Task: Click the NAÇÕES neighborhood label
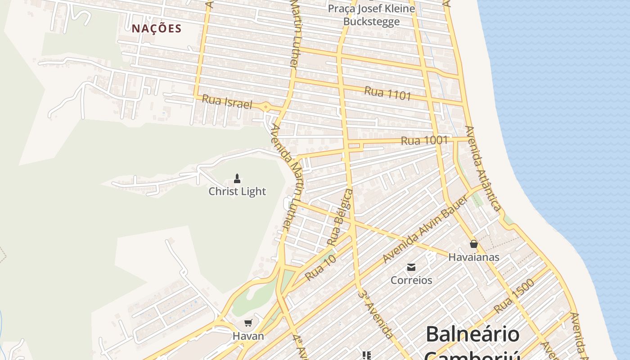[157, 29]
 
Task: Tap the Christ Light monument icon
[237, 178]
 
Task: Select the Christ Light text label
[237, 191]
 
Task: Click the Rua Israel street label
[227, 102]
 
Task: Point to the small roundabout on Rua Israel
[266, 108]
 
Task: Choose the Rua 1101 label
[387, 93]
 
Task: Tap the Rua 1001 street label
[424, 140]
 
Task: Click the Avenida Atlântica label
[483, 168]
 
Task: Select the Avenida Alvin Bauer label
[425, 229]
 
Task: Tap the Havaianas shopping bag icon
[473, 244]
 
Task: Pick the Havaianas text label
[473, 257]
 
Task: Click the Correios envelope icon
[411, 267]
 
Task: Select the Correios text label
[411, 280]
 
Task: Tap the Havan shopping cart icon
[248, 323]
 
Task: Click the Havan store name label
[248, 336]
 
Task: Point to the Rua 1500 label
[514, 296]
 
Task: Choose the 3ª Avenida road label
[376, 314]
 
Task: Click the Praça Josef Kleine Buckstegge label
[371, 15]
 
